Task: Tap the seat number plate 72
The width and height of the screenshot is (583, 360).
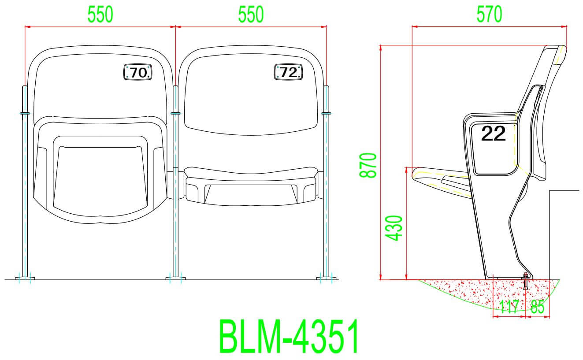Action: tap(289, 72)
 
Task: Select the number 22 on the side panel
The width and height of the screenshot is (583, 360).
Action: tap(494, 134)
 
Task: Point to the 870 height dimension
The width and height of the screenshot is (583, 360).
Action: tap(368, 165)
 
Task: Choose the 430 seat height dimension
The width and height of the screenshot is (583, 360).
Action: tap(394, 228)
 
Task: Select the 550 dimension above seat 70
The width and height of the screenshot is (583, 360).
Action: tap(100, 15)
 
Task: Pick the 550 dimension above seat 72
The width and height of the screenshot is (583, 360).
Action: tap(251, 15)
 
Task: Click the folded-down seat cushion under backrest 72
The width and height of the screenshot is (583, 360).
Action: tap(251, 185)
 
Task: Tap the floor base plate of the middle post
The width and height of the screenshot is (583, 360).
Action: tap(175, 278)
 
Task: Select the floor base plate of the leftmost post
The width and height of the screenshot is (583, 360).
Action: tap(25, 278)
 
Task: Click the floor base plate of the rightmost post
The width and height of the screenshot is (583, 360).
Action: tap(327, 278)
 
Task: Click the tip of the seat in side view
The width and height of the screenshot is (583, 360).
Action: tap(414, 174)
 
